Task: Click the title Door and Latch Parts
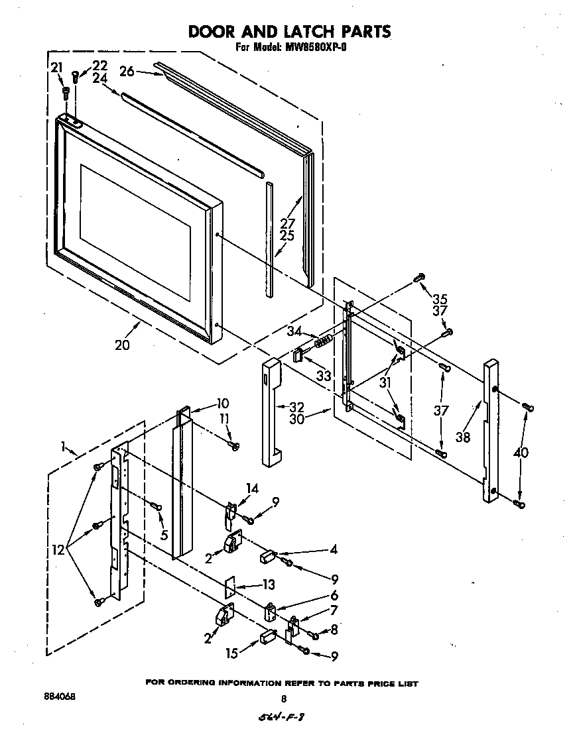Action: coord(289,31)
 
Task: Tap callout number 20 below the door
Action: coord(122,345)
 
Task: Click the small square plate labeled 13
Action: coord(229,586)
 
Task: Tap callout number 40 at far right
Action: coord(523,453)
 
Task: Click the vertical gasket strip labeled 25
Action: coord(269,239)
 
